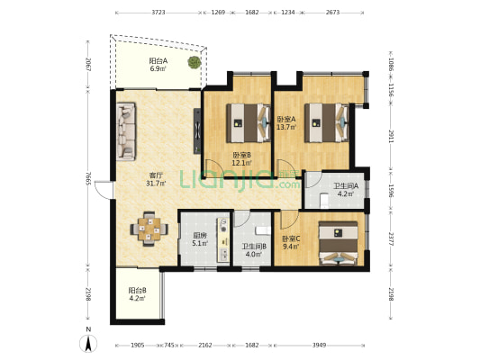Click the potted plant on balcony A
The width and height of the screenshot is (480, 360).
click(195, 62)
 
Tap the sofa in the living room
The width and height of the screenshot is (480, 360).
click(126, 131)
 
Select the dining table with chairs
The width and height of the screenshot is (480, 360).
click(149, 229)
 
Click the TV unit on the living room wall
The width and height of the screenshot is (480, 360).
click(197, 130)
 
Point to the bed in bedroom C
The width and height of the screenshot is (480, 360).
click(338, 243)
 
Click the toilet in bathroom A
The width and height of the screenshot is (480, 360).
click(324, 201)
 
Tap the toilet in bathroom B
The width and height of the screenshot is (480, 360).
click(263, 230)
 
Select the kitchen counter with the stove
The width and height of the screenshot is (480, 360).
click(223, 239)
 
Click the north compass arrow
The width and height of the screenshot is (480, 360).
click(88, 344)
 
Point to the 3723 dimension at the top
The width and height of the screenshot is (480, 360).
click(158, 13)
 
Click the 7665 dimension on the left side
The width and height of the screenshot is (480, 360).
click(88, 178)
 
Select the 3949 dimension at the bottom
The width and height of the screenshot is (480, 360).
click(319, 345)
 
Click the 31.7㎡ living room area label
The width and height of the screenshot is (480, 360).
click(156, 184)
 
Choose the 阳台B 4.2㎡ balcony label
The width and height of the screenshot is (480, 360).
click(137, 294)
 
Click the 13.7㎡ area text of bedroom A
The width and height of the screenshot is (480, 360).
click(286, 127)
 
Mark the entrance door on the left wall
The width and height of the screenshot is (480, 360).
click(104, 190)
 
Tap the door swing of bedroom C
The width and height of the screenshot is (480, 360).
click(289, 220)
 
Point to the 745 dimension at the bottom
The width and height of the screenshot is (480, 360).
click(169, 345)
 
